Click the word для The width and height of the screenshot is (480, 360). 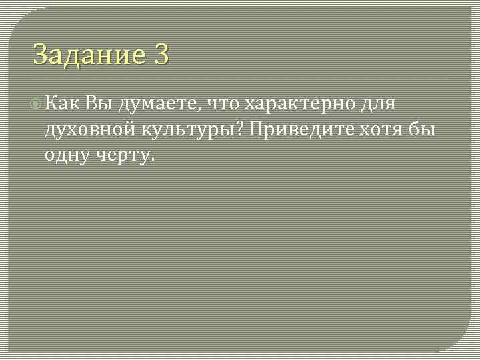coord(379,104)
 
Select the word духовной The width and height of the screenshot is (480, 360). coord(87,129)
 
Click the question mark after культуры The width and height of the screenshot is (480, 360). coord(243,129)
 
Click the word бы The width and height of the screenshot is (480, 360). coord(425,129)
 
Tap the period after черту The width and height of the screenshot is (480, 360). coord(153,161)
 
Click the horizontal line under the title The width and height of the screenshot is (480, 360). coord(240,75)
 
